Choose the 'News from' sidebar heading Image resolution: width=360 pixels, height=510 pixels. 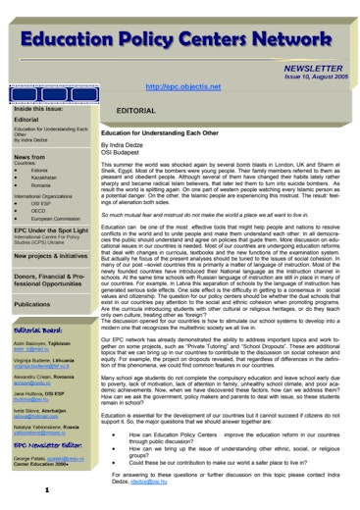click(29, 157)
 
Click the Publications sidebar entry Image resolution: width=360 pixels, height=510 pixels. click(33, 305)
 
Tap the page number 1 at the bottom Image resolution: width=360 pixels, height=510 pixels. click(33, 489)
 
